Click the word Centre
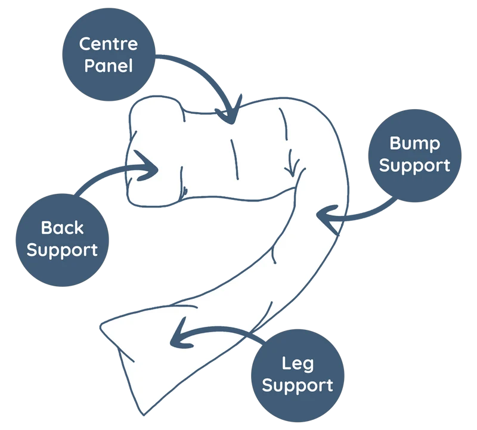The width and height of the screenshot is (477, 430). click(109, 44)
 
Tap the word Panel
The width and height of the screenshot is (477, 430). click(109, 66)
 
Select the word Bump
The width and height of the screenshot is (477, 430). click(414, 144)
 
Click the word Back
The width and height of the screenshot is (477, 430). click(63, 228)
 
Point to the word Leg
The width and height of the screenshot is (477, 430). click(298, 364)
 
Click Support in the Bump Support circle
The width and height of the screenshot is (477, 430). click(414, 166)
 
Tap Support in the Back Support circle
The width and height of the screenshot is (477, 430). click(62, 250)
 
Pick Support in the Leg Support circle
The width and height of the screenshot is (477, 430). click(298, 386)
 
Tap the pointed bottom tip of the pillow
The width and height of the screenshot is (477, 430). click(143, 414)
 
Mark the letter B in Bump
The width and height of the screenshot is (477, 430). click(395, 143)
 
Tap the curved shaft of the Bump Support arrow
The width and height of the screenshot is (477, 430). click(365, 213)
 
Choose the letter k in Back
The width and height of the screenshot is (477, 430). click(79, 227)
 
